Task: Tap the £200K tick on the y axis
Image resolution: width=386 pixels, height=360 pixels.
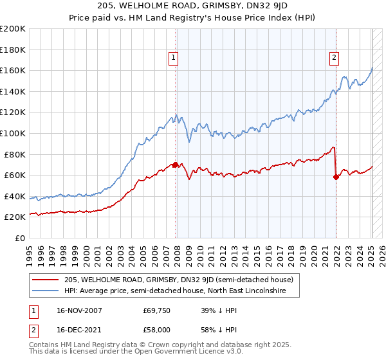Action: (x=13, y=28)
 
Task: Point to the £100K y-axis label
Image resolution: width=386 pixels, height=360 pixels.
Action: (x=13, y=133)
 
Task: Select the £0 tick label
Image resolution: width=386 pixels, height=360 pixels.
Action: (x=20, y=238)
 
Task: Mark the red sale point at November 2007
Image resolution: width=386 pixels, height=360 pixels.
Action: (x=176, y=165)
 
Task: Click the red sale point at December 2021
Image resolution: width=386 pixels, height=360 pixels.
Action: (x=336, y=177)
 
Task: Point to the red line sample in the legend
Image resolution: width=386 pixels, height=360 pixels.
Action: (x=46, y=280)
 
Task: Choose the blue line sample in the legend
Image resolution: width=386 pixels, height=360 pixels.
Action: (x=46, y=291)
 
